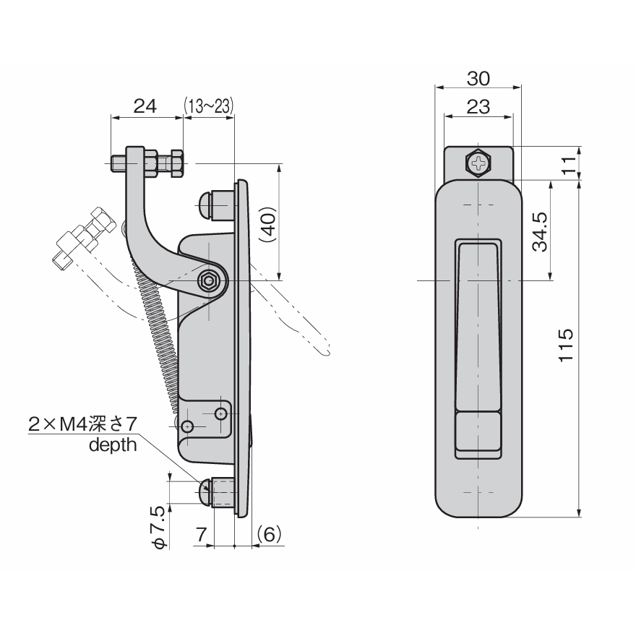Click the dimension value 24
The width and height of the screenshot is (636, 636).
[x=145, y=106]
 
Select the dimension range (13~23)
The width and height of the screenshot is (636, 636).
[x=208, y=106]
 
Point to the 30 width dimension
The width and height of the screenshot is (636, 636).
[x=478, y=77]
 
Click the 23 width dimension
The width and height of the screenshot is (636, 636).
[x=478, y=107]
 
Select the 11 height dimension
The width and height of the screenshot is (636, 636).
[x=571, y=164]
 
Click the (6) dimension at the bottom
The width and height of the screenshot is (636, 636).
[x=268, y=534]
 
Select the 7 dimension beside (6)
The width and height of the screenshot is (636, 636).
[x=202, y=534]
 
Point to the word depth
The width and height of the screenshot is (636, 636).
[x=112, y=444]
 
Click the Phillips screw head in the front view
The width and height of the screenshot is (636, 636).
[x=478, y=164]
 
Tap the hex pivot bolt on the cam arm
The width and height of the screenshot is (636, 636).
[x=210, y=281]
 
